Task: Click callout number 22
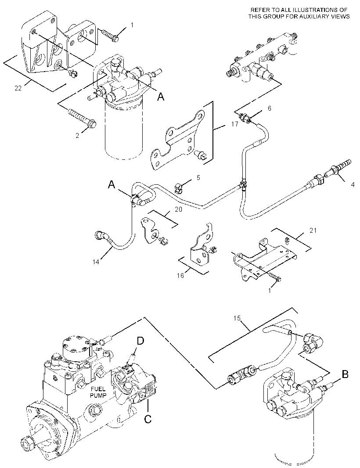tap(18, 88)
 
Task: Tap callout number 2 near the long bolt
tap(77, 136)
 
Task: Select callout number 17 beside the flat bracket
tap(235, 123)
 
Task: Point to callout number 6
tap(270, 108)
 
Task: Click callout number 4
tap(353, 185)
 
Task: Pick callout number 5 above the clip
tap(198, 178)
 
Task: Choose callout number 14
tap(96, 262)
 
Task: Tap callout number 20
tap(178, 209)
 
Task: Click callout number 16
tap(180, 275)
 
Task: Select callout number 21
tap(313, 230)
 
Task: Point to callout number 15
tap(237, 318)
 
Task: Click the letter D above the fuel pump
tap(140, 341)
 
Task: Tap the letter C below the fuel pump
tap(148, 419)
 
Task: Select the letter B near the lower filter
tap(345, 374)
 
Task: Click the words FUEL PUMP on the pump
tap(98, 392)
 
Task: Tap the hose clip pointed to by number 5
tap(178, 188)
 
